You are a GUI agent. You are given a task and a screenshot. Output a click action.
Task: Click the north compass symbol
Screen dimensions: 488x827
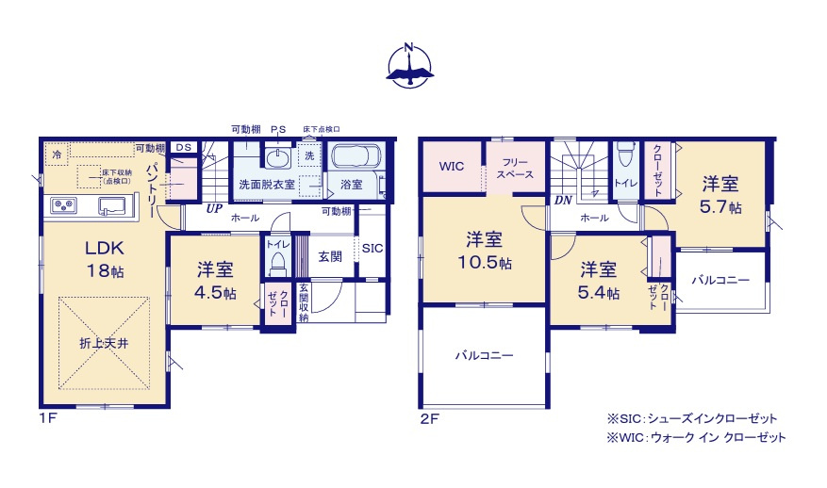[409, 65]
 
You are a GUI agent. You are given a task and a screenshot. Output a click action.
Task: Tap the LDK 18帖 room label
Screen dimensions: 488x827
[106, 258]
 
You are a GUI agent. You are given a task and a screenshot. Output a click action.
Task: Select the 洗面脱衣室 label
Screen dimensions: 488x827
[265, 185]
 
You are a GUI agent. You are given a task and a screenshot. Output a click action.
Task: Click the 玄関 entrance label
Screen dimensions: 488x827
[329, 255]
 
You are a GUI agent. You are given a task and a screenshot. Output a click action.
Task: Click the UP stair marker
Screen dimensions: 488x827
[214, 210]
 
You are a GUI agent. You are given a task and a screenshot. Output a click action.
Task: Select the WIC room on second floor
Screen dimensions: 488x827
[451, 167]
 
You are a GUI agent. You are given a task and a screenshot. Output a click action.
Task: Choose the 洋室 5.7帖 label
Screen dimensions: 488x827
[719, 194]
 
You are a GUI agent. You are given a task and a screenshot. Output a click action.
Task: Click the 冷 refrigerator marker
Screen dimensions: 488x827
[57, 154]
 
